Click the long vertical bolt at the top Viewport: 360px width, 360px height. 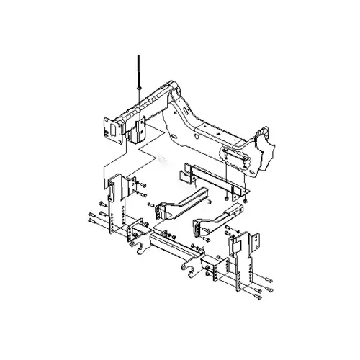136,68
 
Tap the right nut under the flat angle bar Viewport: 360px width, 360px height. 243,200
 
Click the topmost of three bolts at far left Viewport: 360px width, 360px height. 91,214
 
